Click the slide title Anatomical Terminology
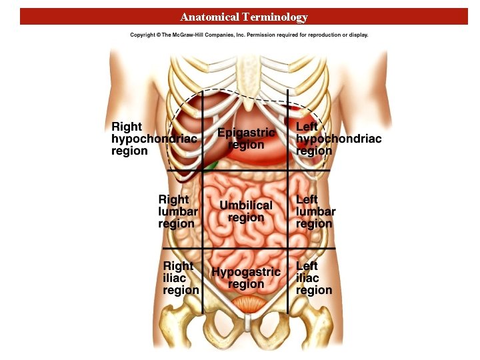click(244, 17)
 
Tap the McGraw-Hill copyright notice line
click(249, 35)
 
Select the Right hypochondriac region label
click(154, 139)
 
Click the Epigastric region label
click(246, 139)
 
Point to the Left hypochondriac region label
click(338, 139)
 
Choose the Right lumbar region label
click(178, 211)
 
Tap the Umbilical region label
click(246, 211)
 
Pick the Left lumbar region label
click(315, 211)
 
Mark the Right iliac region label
click(181, 278)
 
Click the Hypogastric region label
click(246, 278)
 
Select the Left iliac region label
click(313, 278)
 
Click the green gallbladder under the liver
click(212, 164)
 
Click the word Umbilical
click(246, 205)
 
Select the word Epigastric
click(246, 133)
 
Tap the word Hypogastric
click(246, 272)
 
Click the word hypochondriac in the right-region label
click(154, 139)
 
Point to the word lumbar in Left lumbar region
click(315, 211)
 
